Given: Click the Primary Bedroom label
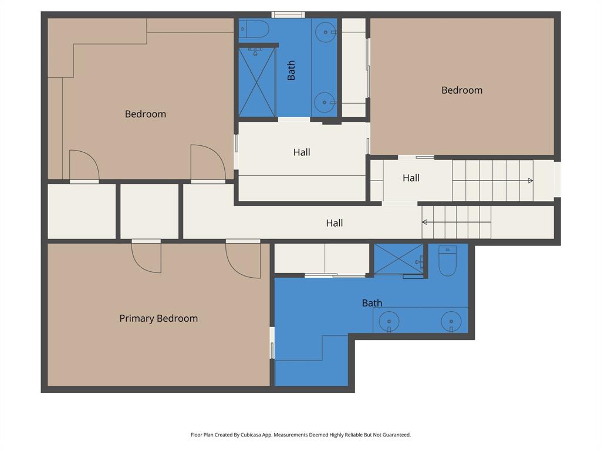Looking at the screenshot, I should (x=158, y=318).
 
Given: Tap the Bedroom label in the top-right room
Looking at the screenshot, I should (x=462, y=90).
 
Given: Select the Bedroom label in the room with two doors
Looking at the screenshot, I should (x=145, y=114).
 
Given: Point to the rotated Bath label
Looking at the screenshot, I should (x=291, y=70).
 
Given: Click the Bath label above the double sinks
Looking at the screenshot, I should (x=372, y=303).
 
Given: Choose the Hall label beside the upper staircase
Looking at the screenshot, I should (x=411, y=178).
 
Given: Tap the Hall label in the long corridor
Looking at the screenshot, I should (x=334, y=223).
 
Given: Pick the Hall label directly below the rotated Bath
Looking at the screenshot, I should (x=302, y=152).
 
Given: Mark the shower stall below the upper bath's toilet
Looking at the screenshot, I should (x=257, y=82).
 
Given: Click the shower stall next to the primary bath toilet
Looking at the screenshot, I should (x=399, y=258).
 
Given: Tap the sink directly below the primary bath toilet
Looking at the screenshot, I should (x=451, y=322).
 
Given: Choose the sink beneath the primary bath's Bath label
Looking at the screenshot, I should (x=389, y=321).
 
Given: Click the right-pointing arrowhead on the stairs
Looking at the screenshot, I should (x=531, y=180).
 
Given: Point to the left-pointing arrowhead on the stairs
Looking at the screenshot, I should (x=424, y=222).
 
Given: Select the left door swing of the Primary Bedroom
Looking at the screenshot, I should (x=146, y=257).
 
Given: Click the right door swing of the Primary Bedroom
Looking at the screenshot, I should (x=243, y=260).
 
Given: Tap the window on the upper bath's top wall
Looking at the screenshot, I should (x=288, y=15).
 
